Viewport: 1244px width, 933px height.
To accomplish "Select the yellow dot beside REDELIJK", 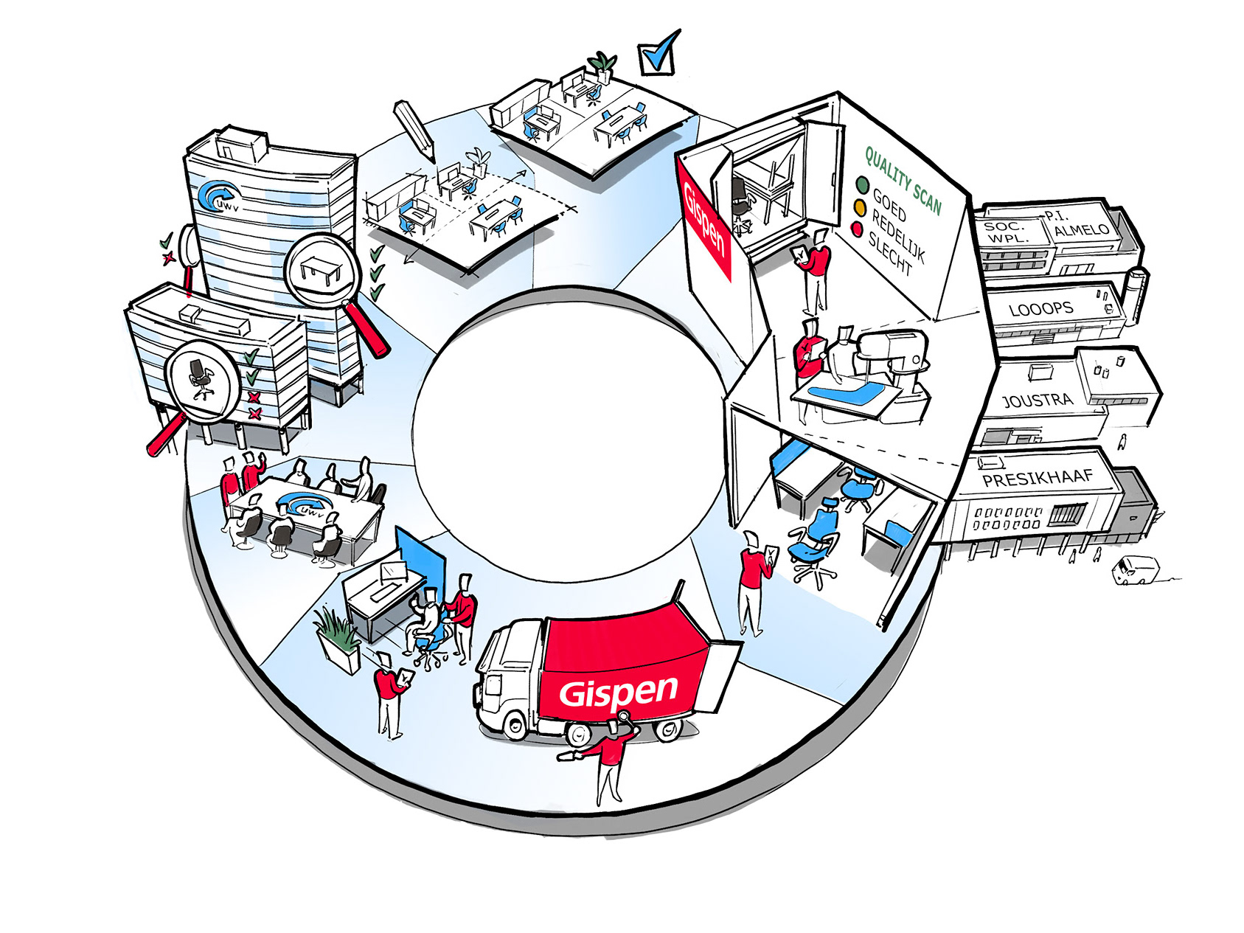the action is pos(859,207).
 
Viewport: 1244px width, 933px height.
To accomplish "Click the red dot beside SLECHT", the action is pos(857,229).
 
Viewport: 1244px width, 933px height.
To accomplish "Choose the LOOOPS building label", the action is pos(1040,308).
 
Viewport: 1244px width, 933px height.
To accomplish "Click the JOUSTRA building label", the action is pos(1037,400).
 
